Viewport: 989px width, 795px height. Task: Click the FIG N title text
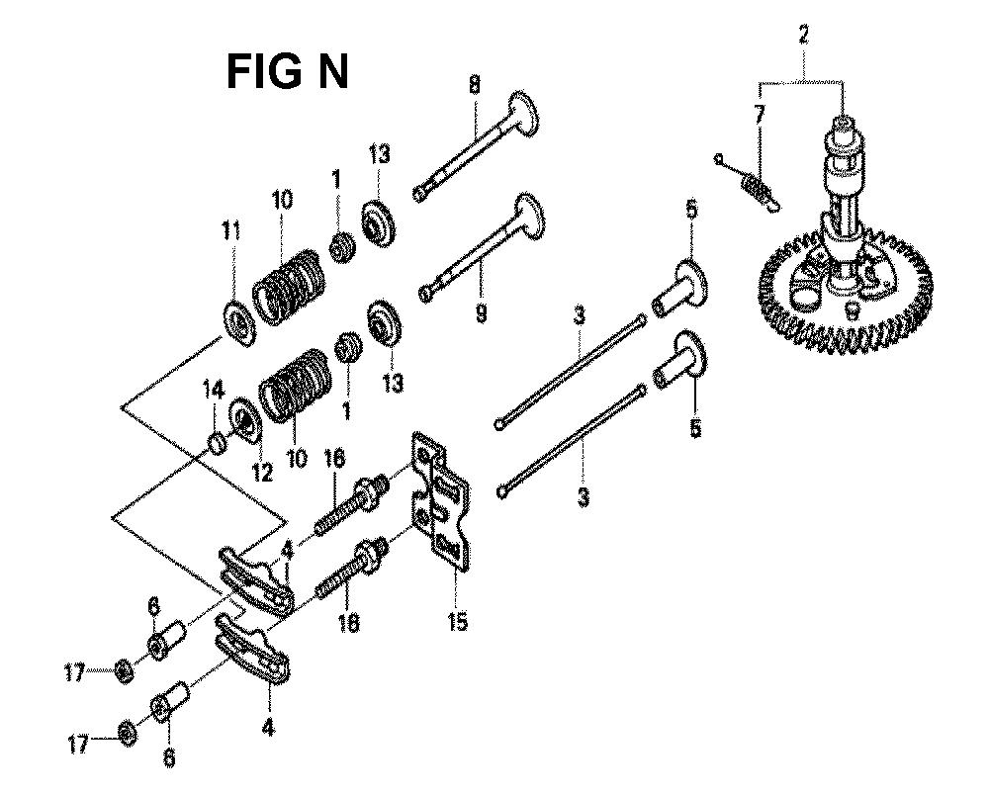click(287, 71)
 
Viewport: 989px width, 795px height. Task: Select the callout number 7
click(759, 115)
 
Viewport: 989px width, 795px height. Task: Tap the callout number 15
click(457, 621)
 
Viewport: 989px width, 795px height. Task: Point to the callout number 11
click(230, 231)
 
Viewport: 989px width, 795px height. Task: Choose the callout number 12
click(262, 473)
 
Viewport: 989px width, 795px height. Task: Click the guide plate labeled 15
click(441, 503)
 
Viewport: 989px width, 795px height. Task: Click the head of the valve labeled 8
click(525, 114)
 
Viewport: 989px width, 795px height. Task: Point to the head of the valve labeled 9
click(530, 218)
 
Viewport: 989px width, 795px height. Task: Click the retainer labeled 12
click(246, 418)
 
